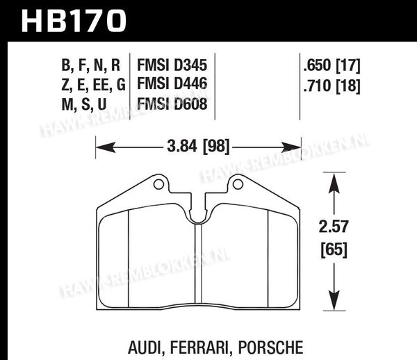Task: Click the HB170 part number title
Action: [74, 21]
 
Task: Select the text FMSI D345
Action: [172, 65]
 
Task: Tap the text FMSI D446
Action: [172, 83]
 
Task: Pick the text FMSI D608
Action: [172, 104]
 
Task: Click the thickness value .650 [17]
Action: [332, 65]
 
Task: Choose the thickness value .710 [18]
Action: [332, 86]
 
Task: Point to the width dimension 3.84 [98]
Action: [198, 147]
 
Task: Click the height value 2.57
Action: [334, 227]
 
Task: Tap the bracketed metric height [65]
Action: [334, 249]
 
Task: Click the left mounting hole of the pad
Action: [158, 184]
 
